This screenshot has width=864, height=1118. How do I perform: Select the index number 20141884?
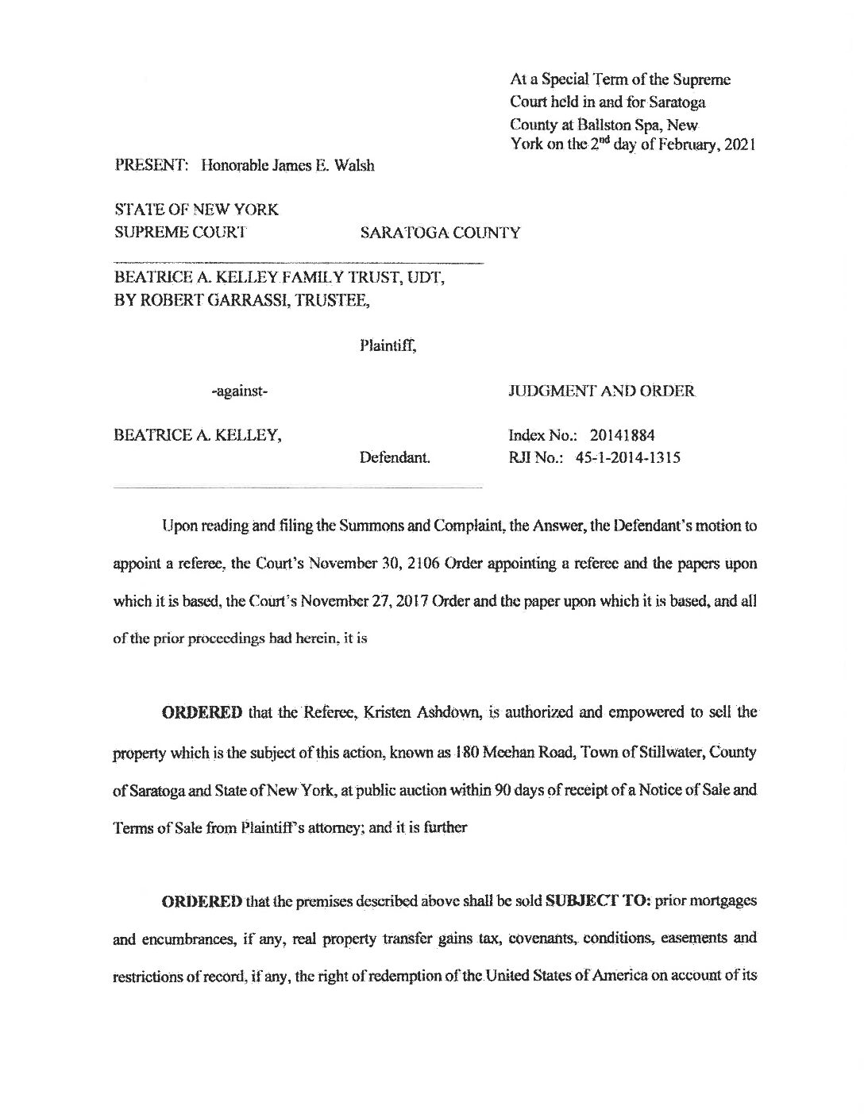pos(623,435)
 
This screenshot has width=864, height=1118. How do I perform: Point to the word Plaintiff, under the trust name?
pos(388,345)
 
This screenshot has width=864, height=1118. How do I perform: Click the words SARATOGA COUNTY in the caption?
pos(440,233)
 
